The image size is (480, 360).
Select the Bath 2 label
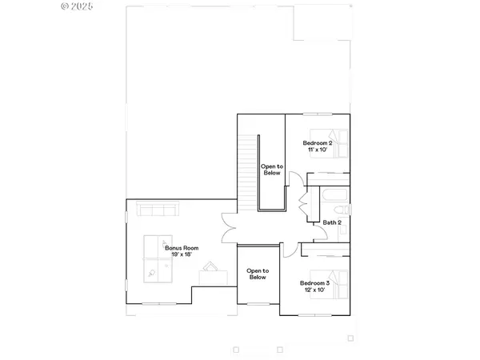tap(332, 222)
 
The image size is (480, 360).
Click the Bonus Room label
tap(182, 248)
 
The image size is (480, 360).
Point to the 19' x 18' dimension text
tap(182, 255)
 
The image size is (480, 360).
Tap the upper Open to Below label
tap(270, 169)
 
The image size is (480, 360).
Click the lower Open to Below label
tap(257, 274)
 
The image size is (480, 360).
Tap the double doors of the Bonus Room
tap(229, 226)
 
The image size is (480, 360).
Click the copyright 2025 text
tap(77, 6)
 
